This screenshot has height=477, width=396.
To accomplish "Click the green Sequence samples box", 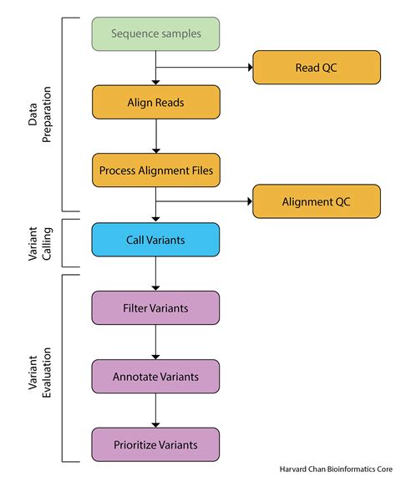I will pyautogui.click(x=155, y=34).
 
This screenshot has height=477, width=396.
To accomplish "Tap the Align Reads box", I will pyautogui.click(x=155, y=103).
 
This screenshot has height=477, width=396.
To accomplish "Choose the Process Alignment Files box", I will pyautogui.click(x=155, y=170).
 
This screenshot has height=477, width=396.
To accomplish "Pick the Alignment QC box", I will pyautogui.click(x=316, y=201).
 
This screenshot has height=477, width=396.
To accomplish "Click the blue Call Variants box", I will pyautogui.click(x=155, y=239).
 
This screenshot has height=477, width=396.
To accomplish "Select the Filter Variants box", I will pyautogui.click(x=155, y=307).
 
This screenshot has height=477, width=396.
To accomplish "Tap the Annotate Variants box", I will pyautogui.click(x=155, y=376).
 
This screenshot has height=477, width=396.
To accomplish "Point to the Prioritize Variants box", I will pyautogui.click(x=155, y=444).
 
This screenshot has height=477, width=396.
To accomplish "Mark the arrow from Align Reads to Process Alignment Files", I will pyautogui.click(x=155, y=136).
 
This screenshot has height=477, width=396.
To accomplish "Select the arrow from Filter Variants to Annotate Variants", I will pyautogui.click(x=155, y=342).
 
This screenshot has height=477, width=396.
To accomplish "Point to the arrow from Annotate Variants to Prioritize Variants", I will pyautogui.click(x=155, y=410).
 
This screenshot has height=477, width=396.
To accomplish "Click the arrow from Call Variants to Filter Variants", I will pyautogui.click(x=155, y=273).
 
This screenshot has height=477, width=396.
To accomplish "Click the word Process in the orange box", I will pyautogui.click(x=118, y=170).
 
